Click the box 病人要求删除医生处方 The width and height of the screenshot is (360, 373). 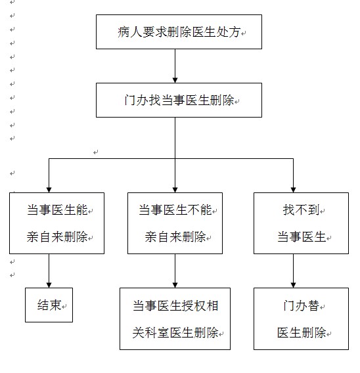pyautogui.click(x=179, y=32)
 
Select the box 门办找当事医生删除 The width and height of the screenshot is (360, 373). pyautogui.click(x=179, y=100)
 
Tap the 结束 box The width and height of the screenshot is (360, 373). pyautogui.click(x=49, y=305)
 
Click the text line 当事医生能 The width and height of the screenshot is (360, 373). pyautogui.click(x=57, y=210)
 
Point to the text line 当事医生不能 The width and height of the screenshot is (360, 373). pyautogui.click(x=175, y=210)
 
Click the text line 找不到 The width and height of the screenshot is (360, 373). pyautogui.click(x=301, y=210)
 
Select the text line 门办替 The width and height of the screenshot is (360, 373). pyautogui.click(x=301, y=305)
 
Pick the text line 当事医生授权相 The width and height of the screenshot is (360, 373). pyautogui.click(x=175, y=305)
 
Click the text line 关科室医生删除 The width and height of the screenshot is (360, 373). pyautogui.click(x=175, y=332)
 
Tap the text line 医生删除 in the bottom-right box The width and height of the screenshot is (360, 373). pyautogui.click(x=302, y=332)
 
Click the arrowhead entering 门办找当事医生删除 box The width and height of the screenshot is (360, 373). pyautogui.click(x=175, y=80)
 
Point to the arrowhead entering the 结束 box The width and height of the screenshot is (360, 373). pyautogui.click(x=49, y=285)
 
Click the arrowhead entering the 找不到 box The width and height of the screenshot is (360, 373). pyautogui.click(x=293, y=190)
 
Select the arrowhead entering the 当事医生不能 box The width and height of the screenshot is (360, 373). pyautogui.click(x=175, y=190)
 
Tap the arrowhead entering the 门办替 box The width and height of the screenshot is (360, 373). pyautogui.click(x=293, y=285)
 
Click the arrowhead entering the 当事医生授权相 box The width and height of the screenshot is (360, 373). pyautogui.click(x=175, y=285)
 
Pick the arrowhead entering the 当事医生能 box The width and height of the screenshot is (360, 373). pyautogui.click(x=49, y=190)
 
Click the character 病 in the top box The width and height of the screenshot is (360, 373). pyautogui.click(x=124, y=32)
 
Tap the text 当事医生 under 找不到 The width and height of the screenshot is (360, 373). pyautogui.click(x=302, y=236)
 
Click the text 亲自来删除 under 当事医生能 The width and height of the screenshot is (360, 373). pyautogui.click(x=57, y=236)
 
